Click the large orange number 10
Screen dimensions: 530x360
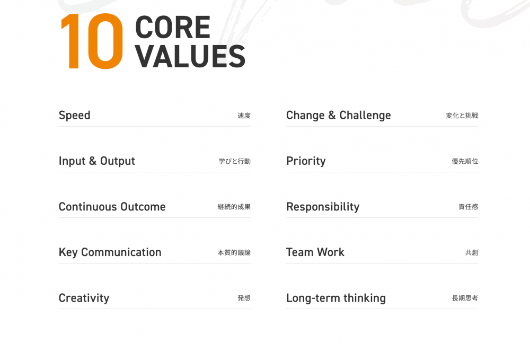point(92,41)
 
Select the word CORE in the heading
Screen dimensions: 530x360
point(173,28)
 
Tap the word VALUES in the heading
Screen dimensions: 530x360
point(190,56)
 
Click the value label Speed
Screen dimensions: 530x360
point(74,116)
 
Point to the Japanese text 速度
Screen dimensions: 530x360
point(244,116)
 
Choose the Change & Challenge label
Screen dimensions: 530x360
point(338,115)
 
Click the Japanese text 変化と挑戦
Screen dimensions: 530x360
point(462,116)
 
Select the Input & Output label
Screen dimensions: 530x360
point(96,161)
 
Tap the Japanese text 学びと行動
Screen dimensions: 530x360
point(235,161)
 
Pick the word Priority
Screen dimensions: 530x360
point(306,161)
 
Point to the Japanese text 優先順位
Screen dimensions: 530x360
point(465,161)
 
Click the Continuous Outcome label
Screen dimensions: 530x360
point(112,207)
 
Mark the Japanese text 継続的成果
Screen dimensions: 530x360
point(234,207)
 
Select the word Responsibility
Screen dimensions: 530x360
point(323,207)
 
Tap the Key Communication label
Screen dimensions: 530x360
point(110,252)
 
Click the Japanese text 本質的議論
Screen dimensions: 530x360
point(234,252)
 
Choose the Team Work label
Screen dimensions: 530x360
point(315,252)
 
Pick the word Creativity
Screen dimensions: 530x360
point(84,298)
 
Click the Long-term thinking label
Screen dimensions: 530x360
point(336,298)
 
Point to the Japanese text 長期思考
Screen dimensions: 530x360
point(465,298)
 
